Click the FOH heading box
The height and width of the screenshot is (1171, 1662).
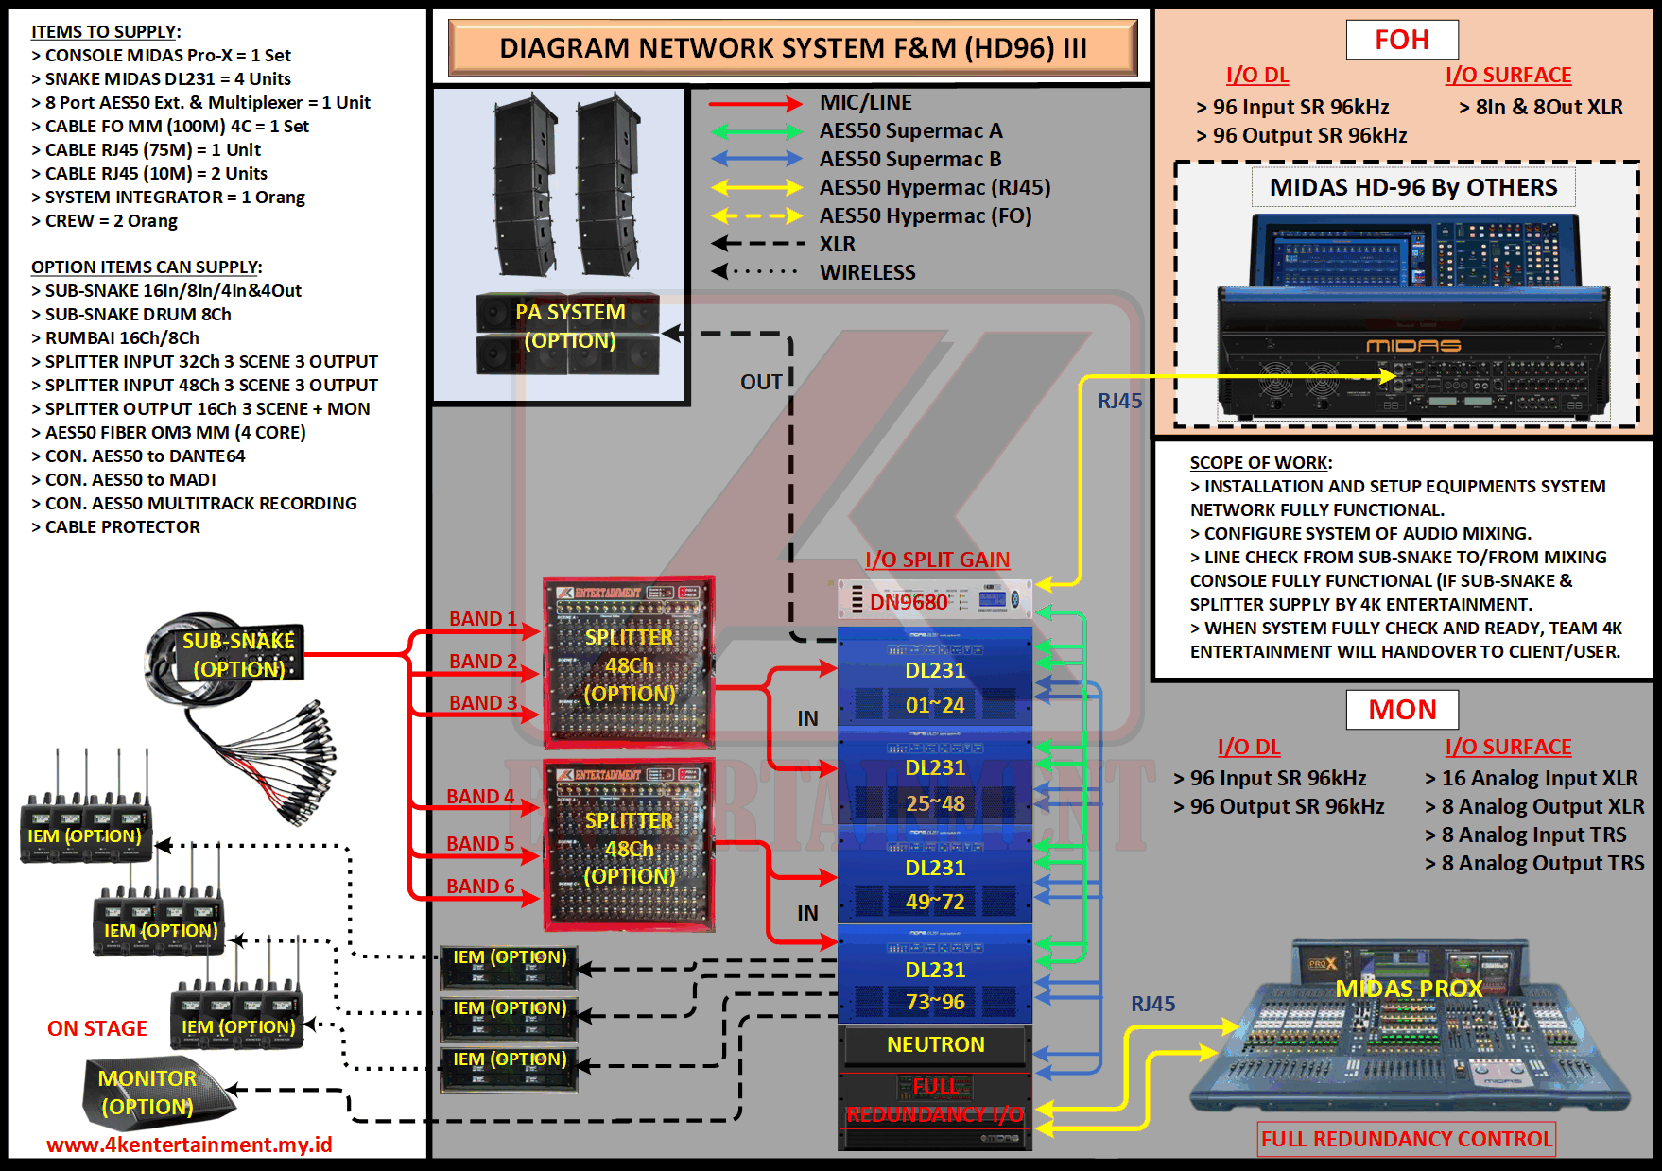pyautogui.click(x=1402, y=40)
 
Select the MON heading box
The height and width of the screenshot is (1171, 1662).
pyautogui.click(x=1402, y=709)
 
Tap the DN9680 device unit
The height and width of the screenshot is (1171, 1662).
pyautogui.click(x=934, y=601)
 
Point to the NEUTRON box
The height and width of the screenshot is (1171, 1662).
pyautogui.click(x=934, y=1044)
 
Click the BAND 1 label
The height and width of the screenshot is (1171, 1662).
pyautogui.click(x=482, y=619)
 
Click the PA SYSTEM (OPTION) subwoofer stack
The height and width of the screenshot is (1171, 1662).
pyautogui.click(x=567, y=333)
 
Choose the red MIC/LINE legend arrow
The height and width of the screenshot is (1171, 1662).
pyautogui.click(x=755, y=103)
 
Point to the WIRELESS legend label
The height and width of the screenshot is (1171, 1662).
pyautogui.click(x=867, y=273)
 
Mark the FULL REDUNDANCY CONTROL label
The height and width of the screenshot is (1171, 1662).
pyautogui.click(x=1406, y=1139)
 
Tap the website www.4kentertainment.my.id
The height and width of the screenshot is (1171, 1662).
pyautogui.click(x=189, y=1145)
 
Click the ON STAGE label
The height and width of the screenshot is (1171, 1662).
pyautogui.click(x=96, y=1029)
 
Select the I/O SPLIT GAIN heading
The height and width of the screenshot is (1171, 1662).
pyautogui.click(x=937, y=560)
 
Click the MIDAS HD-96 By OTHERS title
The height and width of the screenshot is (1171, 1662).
pyautogui.click(x=1412, y=187)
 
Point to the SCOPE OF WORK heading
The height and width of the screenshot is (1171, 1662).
pyautogui.click(x=1260, y=463)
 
